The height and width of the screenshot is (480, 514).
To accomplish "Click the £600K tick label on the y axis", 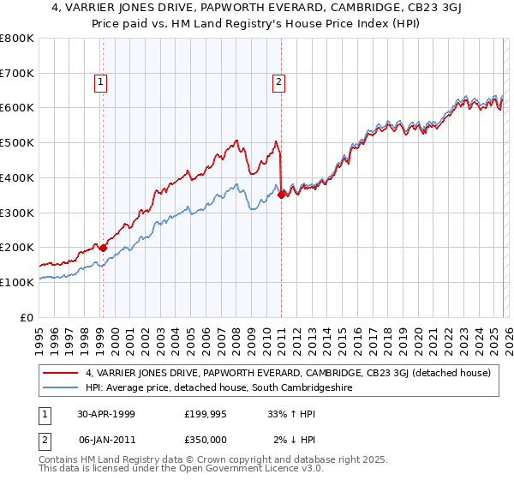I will coord(17,108).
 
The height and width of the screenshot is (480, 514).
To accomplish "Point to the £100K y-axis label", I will coord(17,282).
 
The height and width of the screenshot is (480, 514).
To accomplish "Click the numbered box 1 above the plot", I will coord(101,82).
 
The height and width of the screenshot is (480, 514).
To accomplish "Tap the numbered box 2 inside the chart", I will coord(280,82).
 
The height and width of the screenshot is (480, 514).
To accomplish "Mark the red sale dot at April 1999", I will coord(104,248).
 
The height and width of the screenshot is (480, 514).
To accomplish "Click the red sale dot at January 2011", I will coord(281,195).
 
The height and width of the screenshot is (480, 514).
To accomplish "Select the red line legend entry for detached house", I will coord(287,373).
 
